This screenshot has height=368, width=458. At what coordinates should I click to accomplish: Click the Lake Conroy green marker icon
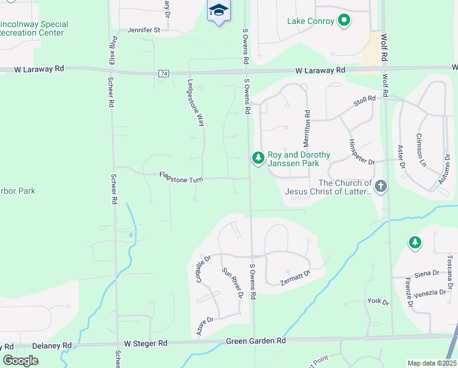pyautogui.click(x=344, y=21)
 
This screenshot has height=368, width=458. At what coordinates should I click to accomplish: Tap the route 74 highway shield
pyautogui.click(x=163, y=74)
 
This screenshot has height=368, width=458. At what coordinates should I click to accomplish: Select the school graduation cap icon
pyautogui.click(x=218, y=10)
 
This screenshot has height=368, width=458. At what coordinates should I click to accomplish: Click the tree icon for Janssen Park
pyautogui.click(x=258, y=159)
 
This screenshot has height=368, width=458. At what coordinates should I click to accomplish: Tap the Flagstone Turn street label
pyautogui.click(x=181, y=176)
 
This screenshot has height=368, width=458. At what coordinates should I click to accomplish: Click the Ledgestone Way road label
pyautogui.click(x=195, y=103)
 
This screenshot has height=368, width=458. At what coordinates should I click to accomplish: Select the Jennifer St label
pyautogui.click(x=144, y=29)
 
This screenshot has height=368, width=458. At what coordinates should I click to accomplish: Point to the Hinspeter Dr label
pyautogui.click(x=361, y=151)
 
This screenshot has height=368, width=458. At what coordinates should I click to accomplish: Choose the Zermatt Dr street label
pyautogui.click(x=297, y=277)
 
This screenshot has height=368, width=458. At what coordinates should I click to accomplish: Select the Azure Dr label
pyautogui.click(x=205, y=327)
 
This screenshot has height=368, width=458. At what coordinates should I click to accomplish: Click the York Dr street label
pyautogui.click(x=377, y=302)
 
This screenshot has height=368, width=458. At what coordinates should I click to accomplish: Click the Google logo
pyautogui.click(x=21, y=360)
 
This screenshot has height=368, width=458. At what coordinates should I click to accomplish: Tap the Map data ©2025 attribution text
pyautogui.click(x=431, y=363)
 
